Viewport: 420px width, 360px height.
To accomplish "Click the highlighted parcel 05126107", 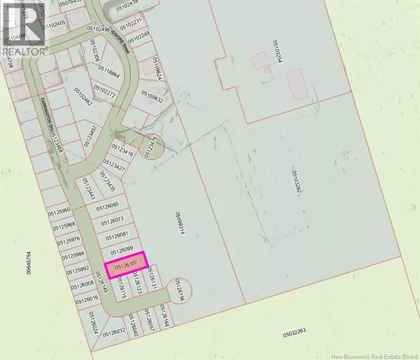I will (x=125, y=264).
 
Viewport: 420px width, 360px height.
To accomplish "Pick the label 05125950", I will (x=60, y=209).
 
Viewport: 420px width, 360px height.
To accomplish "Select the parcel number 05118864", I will (x=110, y=71).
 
